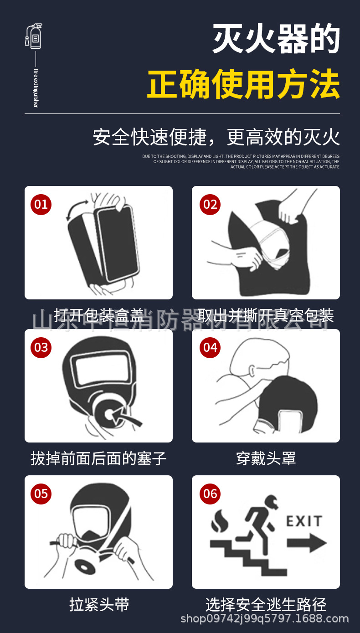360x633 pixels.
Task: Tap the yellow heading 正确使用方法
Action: pos(243,84)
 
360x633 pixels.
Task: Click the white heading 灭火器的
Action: pos(277,40)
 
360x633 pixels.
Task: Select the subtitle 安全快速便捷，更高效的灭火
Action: pos(216,137)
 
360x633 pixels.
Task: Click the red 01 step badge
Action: pos(41,204)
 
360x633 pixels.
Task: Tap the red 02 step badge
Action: pos(210,204)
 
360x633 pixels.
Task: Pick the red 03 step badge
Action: pos(41,347)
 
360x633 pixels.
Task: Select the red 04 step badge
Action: pos(210,347)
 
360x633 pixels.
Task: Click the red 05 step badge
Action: pos(41,494)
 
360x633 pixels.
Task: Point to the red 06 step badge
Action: pos(210,494)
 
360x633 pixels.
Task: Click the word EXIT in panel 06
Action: pos(304,521)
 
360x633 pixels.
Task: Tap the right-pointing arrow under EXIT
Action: pos(307,543)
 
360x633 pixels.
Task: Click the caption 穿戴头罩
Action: pos(266,458)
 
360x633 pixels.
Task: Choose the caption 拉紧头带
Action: pos(99,605)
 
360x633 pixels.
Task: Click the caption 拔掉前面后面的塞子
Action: pos(98,458)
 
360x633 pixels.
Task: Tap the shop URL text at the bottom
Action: pos(264,619)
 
